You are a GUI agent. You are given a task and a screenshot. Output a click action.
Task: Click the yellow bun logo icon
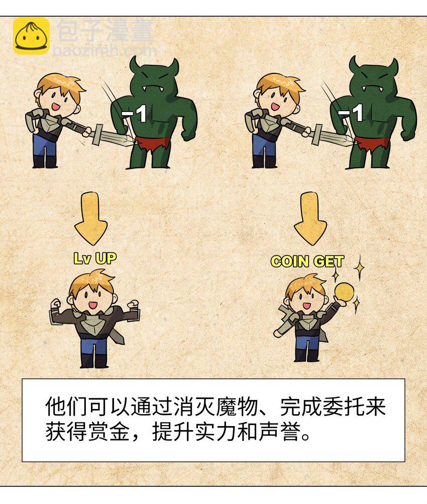[x=31, y=36]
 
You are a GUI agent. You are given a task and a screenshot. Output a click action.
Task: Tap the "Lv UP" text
[x=95, y=258]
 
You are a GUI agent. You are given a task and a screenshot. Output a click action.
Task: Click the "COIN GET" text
[x=307, y=261]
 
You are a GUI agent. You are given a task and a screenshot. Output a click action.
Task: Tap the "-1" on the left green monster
[x=134, y=114]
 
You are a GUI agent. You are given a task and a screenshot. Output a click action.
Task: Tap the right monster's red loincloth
[x=373, y=144]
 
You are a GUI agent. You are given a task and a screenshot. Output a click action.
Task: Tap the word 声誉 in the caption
[x=279, y=432]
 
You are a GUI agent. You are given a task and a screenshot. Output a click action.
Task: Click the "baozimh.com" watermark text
[x=105, y=50]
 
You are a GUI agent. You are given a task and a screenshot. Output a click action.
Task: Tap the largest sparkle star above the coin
[x=359, y=267]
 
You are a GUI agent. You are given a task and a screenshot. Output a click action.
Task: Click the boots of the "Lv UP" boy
[x=94, y=360]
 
